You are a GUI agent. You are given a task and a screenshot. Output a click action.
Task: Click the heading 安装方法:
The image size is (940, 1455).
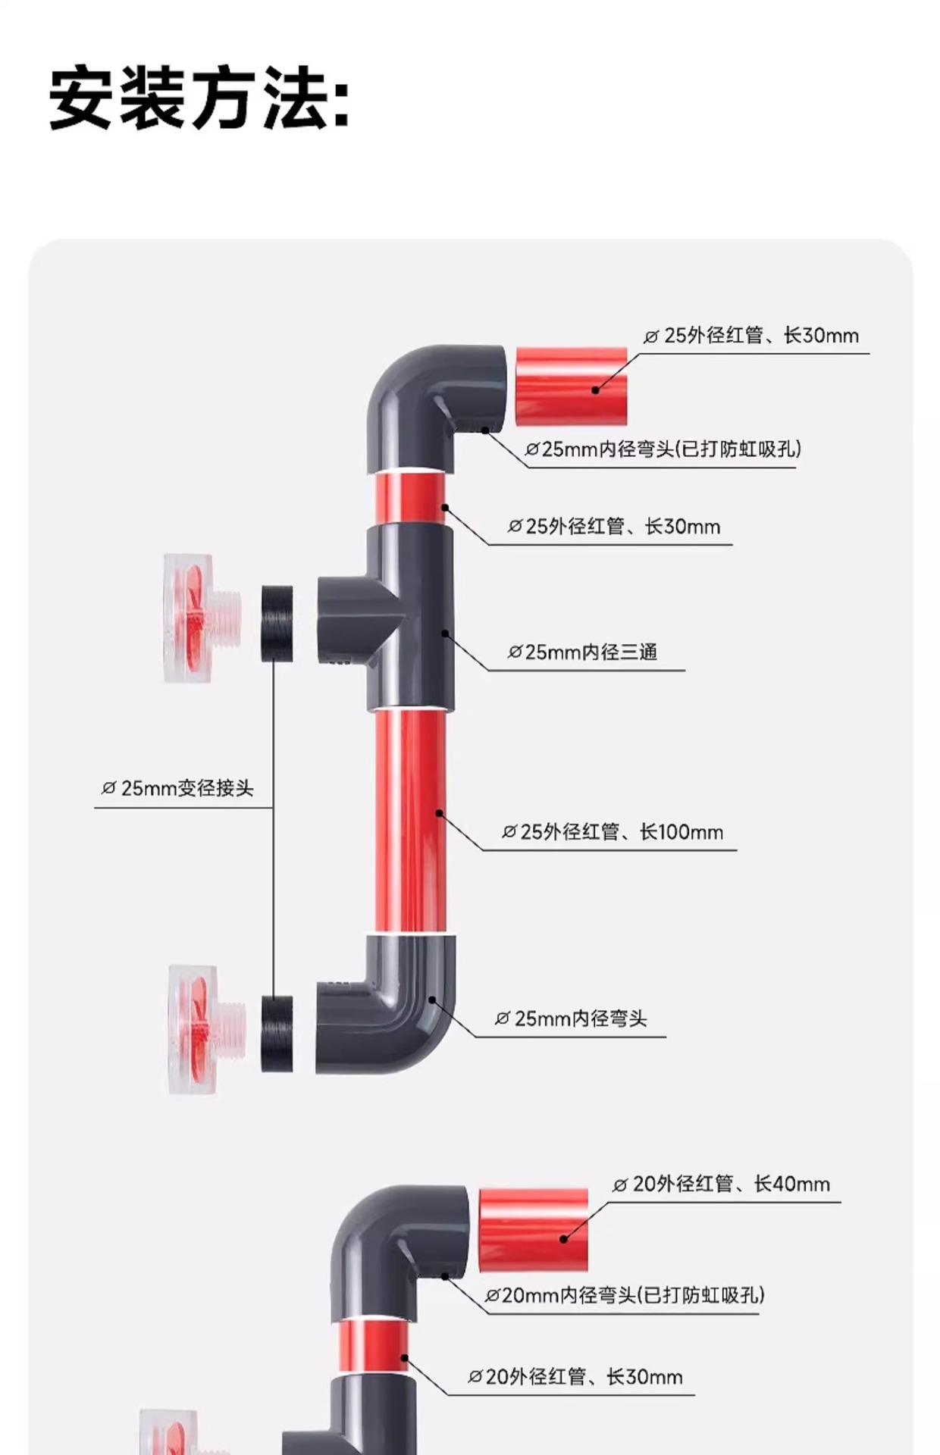click(x=199, y=99)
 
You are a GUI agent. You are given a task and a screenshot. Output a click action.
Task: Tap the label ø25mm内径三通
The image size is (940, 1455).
click(x=582, y=652)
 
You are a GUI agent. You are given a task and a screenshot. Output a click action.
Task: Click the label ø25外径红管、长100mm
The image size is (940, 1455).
click(x=613, y=832)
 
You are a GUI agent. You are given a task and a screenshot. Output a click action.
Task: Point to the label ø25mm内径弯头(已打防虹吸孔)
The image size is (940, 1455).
click(x=663, y=449)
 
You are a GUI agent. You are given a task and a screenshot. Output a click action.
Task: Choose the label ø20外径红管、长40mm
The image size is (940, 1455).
click(x=721, y=1184)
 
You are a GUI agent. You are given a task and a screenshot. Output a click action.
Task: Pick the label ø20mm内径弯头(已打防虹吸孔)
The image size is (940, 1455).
click(x=625, y=1295)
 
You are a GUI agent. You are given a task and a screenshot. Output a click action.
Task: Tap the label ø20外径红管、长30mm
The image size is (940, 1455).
click(x=575, y=1377)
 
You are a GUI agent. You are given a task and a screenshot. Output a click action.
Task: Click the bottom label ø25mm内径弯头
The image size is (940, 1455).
click(x=571, y=1018)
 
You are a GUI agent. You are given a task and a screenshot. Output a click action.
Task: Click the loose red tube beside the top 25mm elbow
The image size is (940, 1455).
click(x=572, y=386)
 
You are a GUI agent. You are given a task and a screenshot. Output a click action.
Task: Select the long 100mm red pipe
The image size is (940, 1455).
click(x=410, y=820)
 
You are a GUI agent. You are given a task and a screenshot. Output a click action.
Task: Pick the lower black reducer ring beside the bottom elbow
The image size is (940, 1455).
click(x=277, y=1033)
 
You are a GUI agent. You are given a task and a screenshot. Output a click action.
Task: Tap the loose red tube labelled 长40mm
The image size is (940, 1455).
click(x=534, y=1229)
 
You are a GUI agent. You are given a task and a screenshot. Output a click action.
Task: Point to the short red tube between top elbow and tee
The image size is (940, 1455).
click(x=409, y=497)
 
